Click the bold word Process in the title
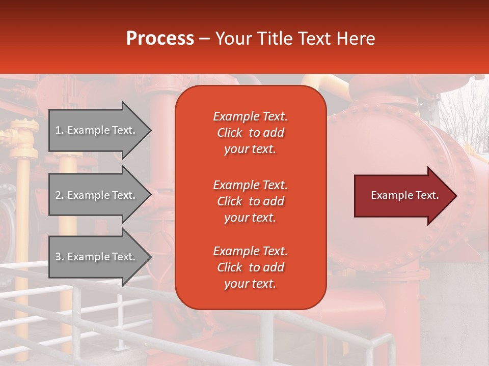coord(160,39)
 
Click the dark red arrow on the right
coord(402,196)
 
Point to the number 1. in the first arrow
coord(60,130)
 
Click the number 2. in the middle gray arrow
coord(60,195)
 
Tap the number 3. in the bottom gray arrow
coord(60,257)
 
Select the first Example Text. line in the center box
coord(250,116)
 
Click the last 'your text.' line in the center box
coord(250,284)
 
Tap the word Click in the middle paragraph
coord(229,201)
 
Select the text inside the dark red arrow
coord(404,195)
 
